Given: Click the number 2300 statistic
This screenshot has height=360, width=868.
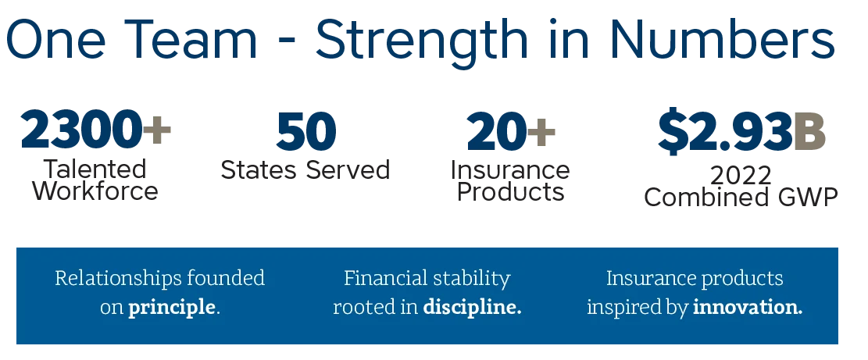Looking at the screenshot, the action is (x=81, y=130).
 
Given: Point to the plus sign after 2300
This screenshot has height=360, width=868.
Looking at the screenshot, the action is (x=157, y=130).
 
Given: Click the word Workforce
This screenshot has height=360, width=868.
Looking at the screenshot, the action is (x=95, y=191).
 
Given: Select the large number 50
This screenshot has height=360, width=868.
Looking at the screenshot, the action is (x=305, y=132).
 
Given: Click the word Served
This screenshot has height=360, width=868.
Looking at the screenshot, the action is (x=348, y=169).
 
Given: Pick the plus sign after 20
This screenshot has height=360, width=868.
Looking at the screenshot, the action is (x=541, y=131).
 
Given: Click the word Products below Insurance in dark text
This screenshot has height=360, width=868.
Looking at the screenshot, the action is (x=510, y=192).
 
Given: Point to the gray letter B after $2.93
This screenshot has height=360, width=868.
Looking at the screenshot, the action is (x=809, y=132).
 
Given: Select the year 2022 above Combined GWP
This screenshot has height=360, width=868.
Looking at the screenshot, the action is (x=741, y=176).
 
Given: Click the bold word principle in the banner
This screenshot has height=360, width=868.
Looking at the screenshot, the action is (x=172, y=308).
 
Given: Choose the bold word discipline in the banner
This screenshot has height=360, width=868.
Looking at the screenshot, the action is (x=472, y=306).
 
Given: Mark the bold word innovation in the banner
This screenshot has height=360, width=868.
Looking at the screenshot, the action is (x=748, y=306).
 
